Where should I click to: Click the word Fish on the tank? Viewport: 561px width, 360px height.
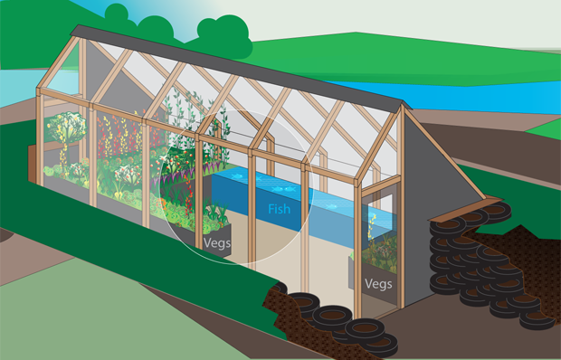tap(279, 209)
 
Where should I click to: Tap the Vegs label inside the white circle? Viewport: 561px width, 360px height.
tap(217, 243)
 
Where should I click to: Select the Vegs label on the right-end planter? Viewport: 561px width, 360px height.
tap(378, 284)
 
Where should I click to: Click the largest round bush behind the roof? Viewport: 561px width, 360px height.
tap(224, 36)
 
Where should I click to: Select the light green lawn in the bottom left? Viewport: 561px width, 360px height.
tap(108, 315)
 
